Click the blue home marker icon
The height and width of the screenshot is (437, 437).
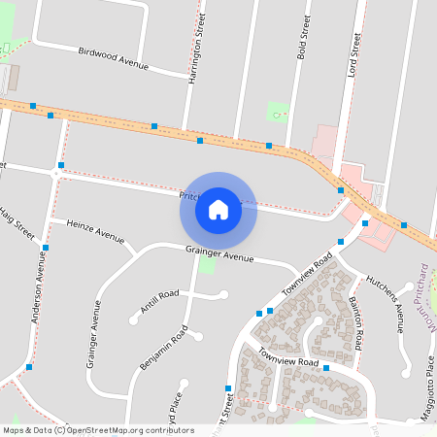[x=218, y=210]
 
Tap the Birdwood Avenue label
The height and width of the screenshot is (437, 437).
[x=113, y=56]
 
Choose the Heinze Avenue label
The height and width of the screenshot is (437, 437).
[x=95, y=230]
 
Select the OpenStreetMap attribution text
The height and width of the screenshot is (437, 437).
[x=97, y=430]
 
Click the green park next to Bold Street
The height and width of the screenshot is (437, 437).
[x=279, y=112]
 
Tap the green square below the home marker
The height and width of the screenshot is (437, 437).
[x=206, y=265]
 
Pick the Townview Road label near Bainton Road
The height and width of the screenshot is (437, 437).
[x=289, y=361]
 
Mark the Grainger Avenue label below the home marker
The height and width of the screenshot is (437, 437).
[x=219, y=254]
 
